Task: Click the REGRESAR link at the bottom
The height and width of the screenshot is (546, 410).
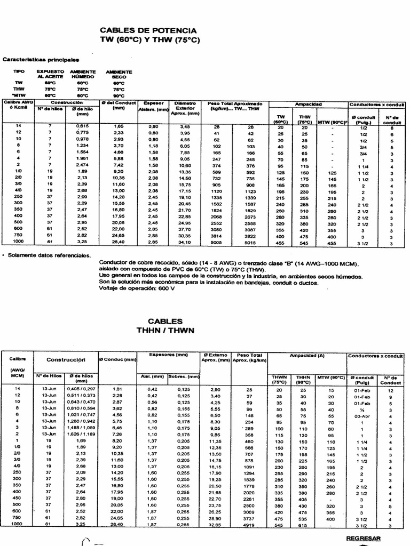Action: (364, 539)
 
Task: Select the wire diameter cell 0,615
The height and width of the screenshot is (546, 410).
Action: (82, 125)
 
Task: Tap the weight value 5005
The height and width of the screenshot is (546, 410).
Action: (214, 243)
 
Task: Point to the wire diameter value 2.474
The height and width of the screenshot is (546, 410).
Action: (82, 166)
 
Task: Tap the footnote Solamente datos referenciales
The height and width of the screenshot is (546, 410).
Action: (49, 255)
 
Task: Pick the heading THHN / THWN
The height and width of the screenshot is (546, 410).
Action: (167, 330)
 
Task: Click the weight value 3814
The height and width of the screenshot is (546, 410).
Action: (214, 236)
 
